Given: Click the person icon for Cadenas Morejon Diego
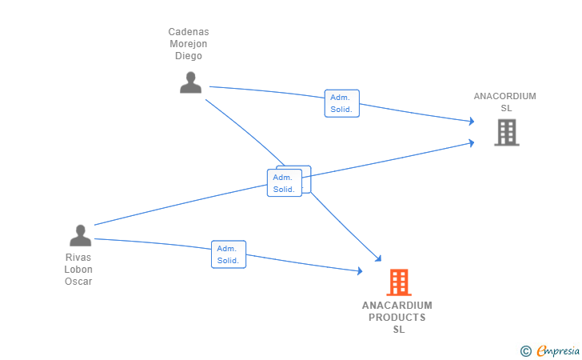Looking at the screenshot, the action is click(x=191, y=82).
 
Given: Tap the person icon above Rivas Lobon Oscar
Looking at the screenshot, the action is click(x=80, y=235).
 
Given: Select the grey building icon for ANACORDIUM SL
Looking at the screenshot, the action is click(x=507, y=132).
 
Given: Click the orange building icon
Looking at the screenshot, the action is click(x=399, y=282).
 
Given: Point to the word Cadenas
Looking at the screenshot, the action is click(x=189, y=32).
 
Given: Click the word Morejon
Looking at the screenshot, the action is click(x=189, y=44).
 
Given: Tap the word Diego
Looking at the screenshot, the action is click(x=189, y=56).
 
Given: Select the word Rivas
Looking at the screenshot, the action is click(x=78, y=258).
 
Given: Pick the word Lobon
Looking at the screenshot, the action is click(x=78, y=270).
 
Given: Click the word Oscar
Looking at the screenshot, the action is click(x=78, y=282).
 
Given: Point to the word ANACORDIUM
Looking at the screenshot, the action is click(x=504, y=96).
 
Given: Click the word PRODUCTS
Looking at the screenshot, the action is click(x=397, y=318).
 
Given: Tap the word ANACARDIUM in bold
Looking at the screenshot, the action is click(x=397, y=306).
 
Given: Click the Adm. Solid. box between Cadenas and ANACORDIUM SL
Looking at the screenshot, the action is click(x=342, y=103).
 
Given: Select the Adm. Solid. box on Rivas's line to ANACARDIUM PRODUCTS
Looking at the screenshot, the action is click(x=229, y=254).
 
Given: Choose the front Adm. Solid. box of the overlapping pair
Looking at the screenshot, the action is click(x=285, y=182).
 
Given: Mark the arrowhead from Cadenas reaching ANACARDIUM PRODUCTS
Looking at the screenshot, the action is click(x=379, y=258).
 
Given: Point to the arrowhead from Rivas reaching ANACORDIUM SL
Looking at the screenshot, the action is click(x=472, y=143).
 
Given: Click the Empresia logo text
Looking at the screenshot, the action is click(x=558, y=350).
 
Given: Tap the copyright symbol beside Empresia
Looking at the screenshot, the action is click(x=526, y=351).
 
